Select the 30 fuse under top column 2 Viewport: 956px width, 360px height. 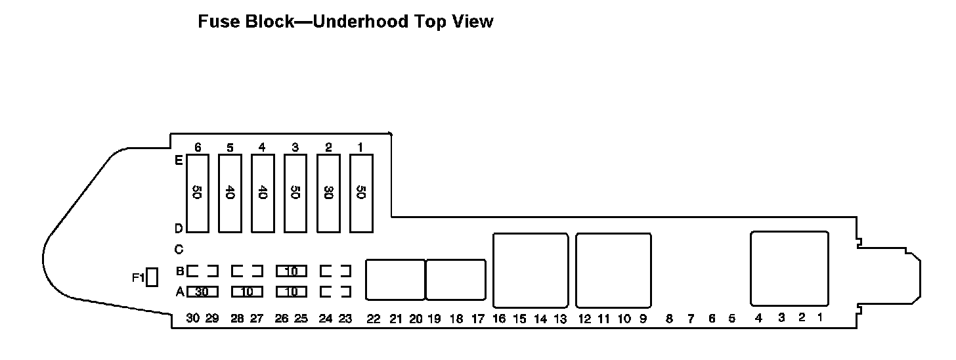coord(328,193)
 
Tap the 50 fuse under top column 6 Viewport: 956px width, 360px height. coord(198,193)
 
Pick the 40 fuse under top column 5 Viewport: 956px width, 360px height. coord(230,193)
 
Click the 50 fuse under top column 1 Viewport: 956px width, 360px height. coord(361,193)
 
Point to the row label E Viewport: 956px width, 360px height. coord(178,160)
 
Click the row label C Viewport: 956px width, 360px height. coord(178,250)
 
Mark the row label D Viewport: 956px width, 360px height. coord(178,229)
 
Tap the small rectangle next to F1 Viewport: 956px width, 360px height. coord(152,277)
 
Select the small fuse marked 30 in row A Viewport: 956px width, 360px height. coord(202,291)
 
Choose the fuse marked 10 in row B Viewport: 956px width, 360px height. coord(291,271)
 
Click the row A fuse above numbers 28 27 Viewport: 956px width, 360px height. coord(247,291)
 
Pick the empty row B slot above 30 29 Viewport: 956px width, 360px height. coord(202,271)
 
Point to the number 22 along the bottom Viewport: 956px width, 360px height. coord(374,319)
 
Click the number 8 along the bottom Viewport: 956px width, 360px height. coord(669,319)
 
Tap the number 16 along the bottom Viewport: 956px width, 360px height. coord(499,319)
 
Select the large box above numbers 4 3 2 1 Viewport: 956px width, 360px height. coord(789,268)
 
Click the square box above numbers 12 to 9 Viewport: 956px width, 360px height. coord(613,270)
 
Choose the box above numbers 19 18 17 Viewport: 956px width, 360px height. coord(456,280)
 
